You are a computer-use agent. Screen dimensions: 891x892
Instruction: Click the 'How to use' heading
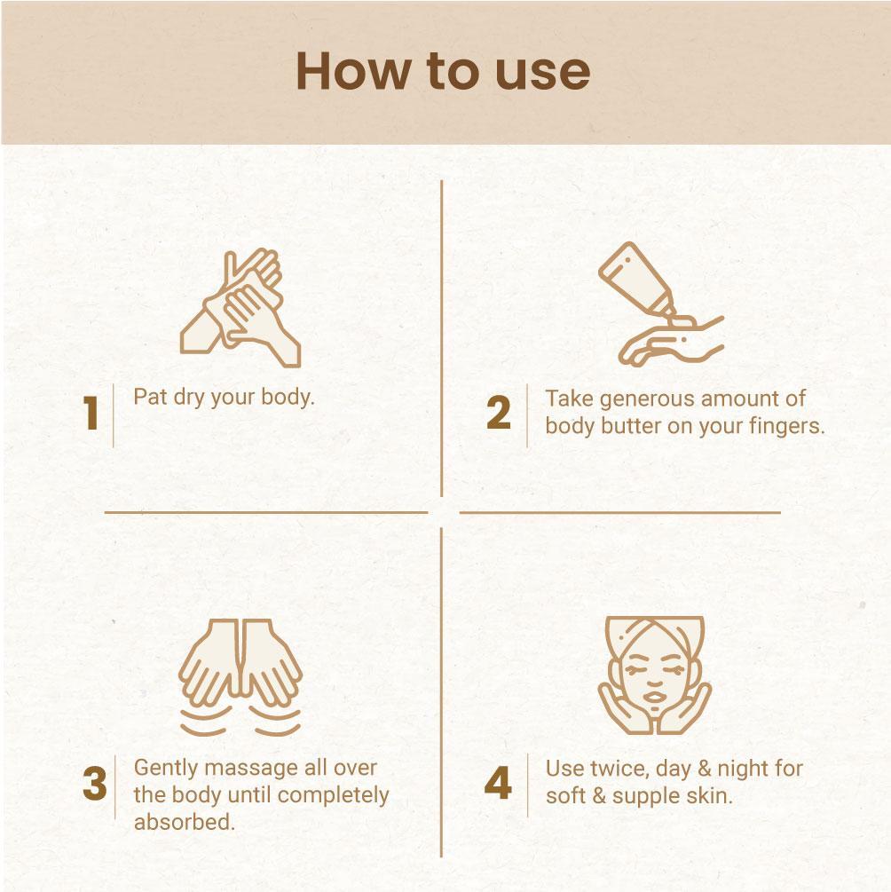pos(443,72)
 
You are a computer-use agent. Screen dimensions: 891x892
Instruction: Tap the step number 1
pos(91,413)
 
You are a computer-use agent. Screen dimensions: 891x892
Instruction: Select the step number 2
pos(499,413)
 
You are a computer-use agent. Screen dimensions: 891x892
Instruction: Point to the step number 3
pos(94,784)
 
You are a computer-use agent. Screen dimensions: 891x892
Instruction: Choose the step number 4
pos(498,783)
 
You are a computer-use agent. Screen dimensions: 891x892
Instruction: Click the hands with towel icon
pos(240,308)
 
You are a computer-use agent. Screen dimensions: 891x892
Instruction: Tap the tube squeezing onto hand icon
pos(661,304)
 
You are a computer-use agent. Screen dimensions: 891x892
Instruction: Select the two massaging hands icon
pos(240,677)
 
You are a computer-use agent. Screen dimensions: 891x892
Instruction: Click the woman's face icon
pos(654,675)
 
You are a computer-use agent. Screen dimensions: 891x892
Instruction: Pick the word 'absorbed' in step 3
pos(185,822)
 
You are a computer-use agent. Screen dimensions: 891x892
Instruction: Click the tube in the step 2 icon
pos(636,279)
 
